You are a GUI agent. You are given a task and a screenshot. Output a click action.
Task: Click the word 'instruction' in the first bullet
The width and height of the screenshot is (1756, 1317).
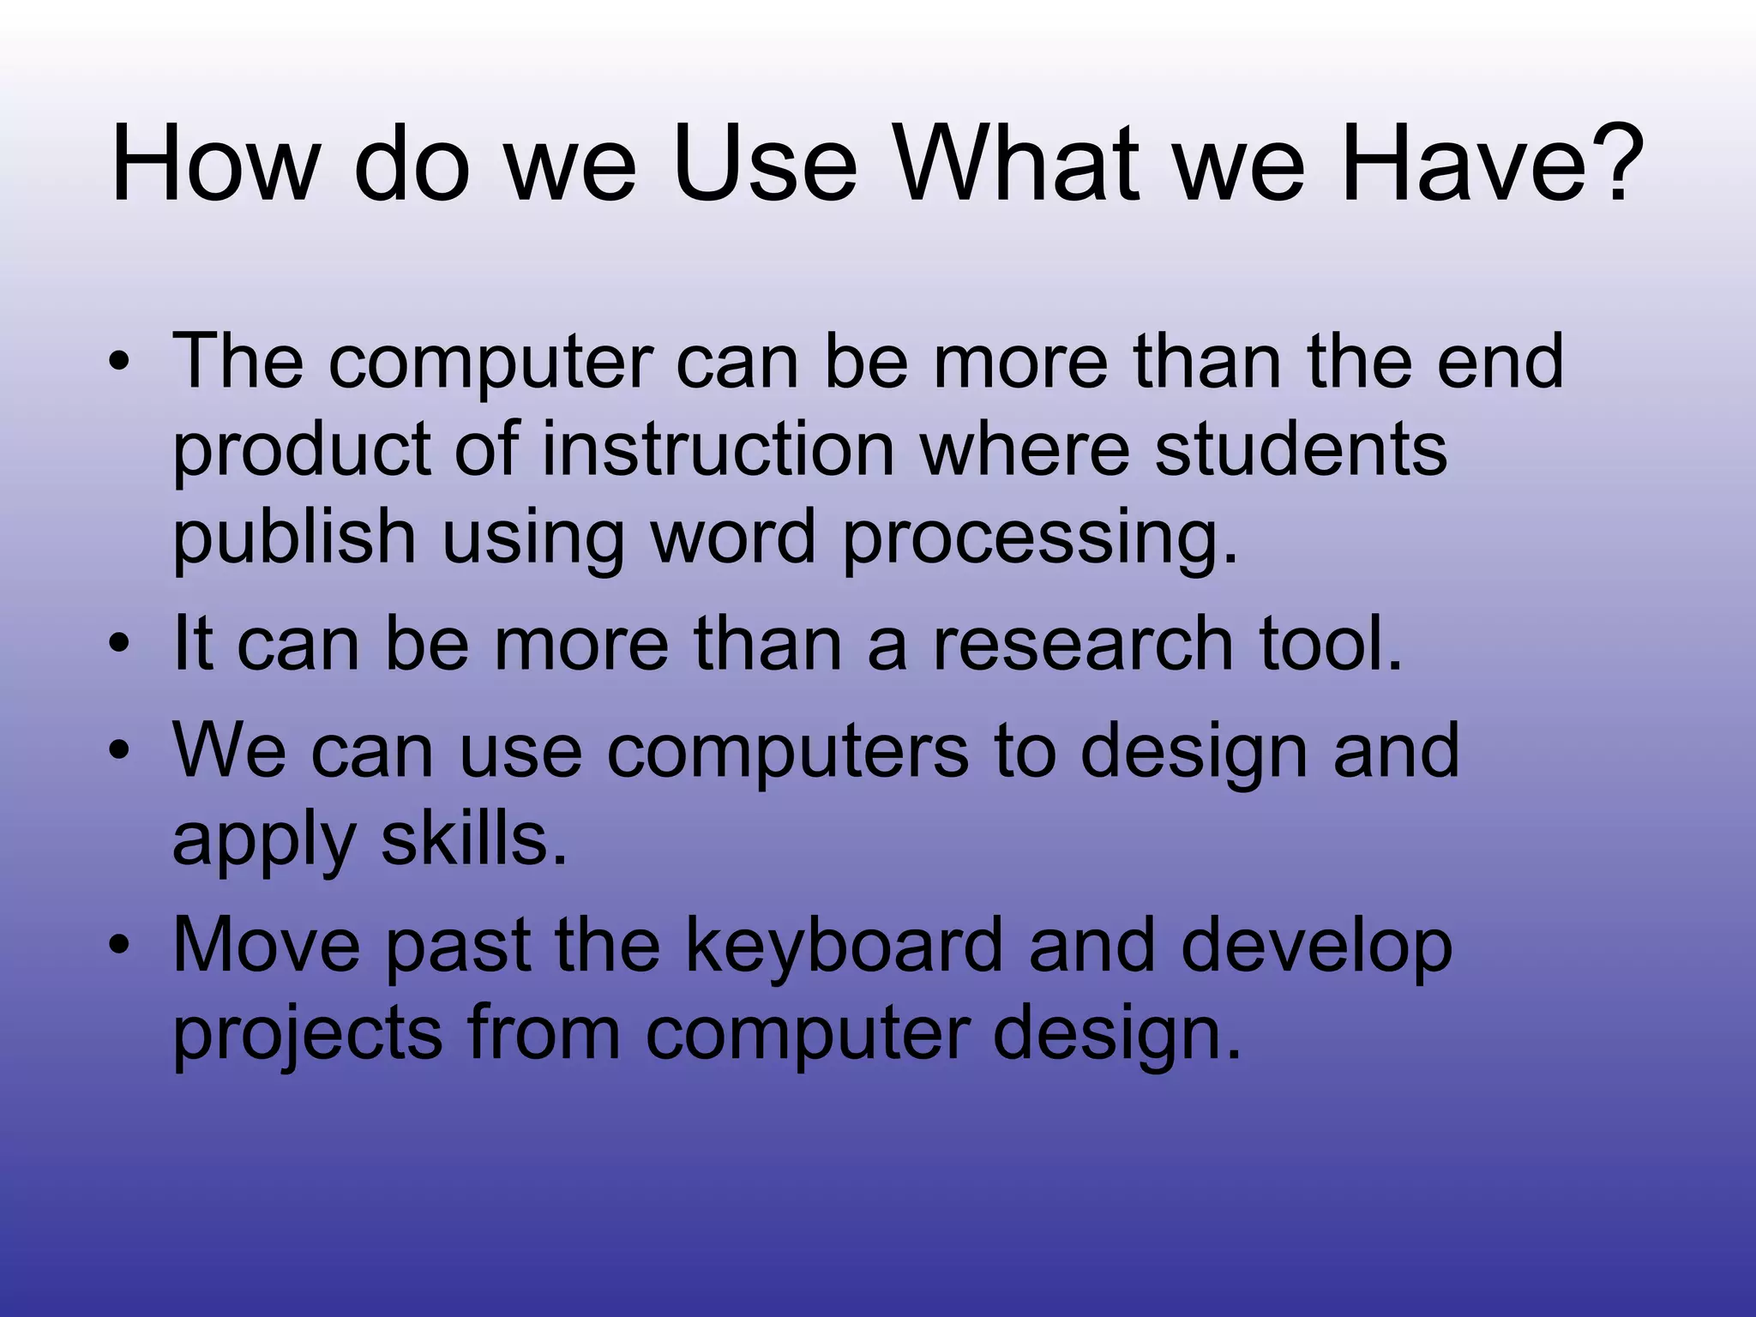pos(719,449)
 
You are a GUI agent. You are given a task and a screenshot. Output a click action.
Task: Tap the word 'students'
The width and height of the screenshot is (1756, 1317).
pos(1301,449)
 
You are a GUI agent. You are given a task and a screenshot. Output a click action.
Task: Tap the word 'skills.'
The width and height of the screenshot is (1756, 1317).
pos(474,839)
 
